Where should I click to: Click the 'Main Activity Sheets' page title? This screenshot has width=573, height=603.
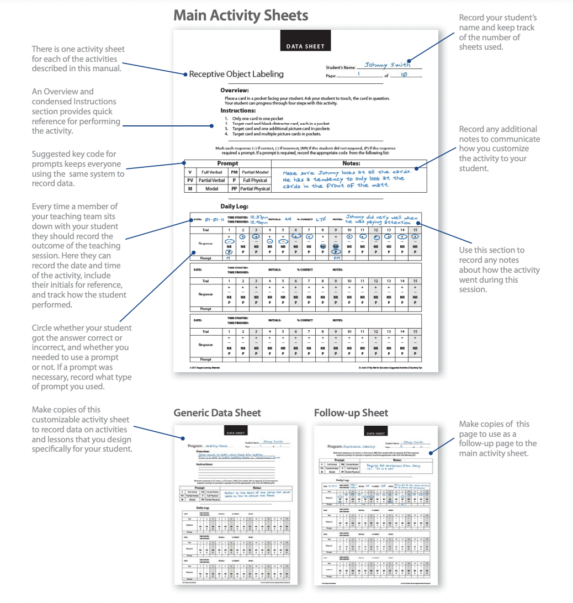point(241,15)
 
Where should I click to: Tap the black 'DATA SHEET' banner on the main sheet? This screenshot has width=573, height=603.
point(305,46)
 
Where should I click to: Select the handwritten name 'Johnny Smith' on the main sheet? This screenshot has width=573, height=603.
point(388,65)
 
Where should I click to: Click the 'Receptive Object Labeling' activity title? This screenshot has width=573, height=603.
point(236,74)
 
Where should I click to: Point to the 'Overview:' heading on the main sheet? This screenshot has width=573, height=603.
point(235,90)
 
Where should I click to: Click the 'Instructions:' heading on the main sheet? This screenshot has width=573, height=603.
point(238,110)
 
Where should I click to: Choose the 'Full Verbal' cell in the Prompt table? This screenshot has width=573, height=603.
point(211,172)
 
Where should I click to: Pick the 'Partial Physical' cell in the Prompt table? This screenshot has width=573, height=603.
point(255,189)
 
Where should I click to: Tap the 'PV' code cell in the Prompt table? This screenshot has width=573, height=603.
point(190,181)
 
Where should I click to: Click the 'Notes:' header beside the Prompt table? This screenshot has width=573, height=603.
point(351,163)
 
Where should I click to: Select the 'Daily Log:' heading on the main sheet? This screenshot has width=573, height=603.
point(235,206)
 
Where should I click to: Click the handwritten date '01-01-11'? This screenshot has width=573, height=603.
point(215,220)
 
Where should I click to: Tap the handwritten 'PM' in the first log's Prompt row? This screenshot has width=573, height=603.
point(336,257)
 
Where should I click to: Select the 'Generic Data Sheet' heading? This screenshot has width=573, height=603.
point(217,413)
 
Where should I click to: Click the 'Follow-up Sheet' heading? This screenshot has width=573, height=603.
point(351,413)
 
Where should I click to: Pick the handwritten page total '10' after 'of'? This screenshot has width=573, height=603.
point(404,75)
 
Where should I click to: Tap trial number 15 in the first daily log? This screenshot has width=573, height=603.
point(415,229)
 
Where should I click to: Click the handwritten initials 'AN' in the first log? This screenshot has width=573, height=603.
point(287,219)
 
